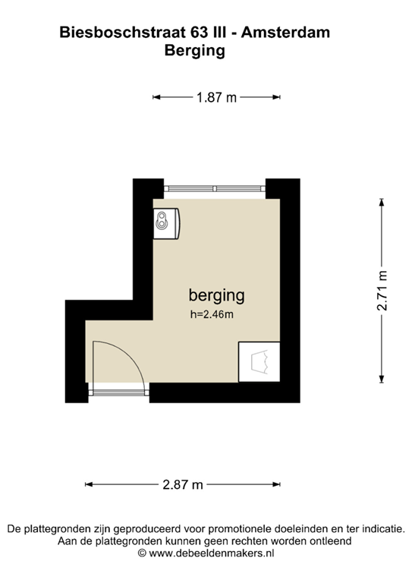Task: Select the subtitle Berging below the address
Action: pos(195,51)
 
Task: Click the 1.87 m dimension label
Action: pos(216,97)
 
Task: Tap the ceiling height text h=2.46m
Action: pos(212,314)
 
